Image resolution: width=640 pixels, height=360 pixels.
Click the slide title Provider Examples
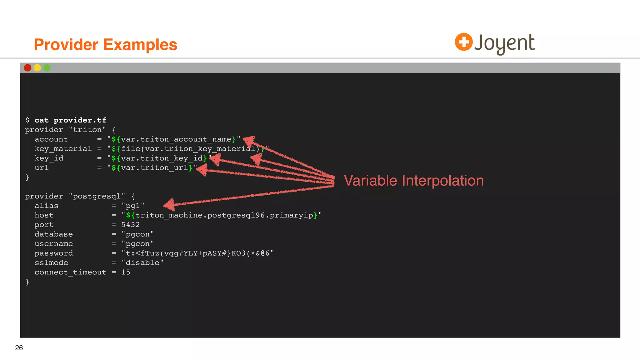(x=105, y=44)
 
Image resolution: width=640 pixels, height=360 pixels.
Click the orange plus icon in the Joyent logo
(x=463, y=42)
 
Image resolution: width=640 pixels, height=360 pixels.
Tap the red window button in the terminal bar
(x=27, y=68)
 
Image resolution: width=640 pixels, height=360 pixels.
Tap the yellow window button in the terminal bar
(x=37, y=68)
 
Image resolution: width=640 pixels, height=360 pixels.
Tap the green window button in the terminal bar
(x=47, y=68)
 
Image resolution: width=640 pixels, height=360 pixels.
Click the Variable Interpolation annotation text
(x=413, y=181)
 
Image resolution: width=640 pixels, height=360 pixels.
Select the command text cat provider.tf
(x=70, y=120)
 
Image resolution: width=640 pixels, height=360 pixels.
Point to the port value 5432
(x=130, y=225)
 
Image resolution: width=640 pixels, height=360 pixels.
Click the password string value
(x=197, y=253)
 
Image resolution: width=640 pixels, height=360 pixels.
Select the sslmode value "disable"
(x=142, y=263)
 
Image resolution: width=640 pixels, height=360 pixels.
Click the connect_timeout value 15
(x=126, y=272)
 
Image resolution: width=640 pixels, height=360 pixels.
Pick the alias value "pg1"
(x=133, y=206)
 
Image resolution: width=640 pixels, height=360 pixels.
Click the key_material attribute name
(x=63, y=149)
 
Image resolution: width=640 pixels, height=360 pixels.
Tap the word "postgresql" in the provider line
(x=97, y=196)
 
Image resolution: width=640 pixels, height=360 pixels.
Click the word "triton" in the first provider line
(x=87, y=130)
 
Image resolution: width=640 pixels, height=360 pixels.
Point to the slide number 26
(x=19, y=348)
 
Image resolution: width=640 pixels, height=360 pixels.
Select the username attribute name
(x=54, y=244)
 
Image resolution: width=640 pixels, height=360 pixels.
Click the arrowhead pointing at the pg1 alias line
(x=169, y=205)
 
